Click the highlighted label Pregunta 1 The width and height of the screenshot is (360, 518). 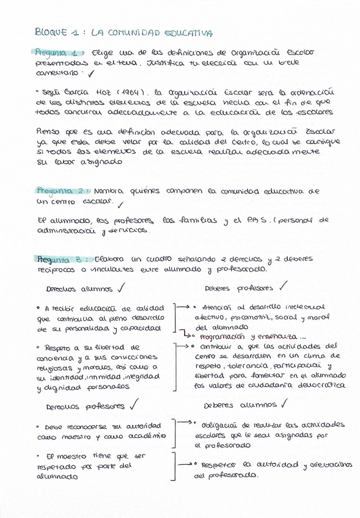[x=57, y=53]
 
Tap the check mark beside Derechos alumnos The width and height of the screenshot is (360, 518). [x=122, y=288]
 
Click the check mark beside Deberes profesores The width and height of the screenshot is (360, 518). [x=283, y=286]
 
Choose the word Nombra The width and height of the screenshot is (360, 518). [x=110, y=190]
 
